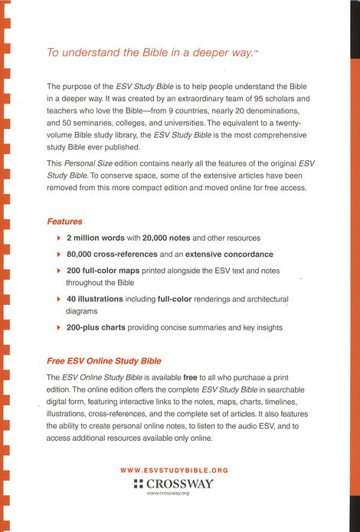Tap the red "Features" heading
coord(65,222)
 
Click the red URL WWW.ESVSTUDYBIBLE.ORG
coord(175,469)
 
